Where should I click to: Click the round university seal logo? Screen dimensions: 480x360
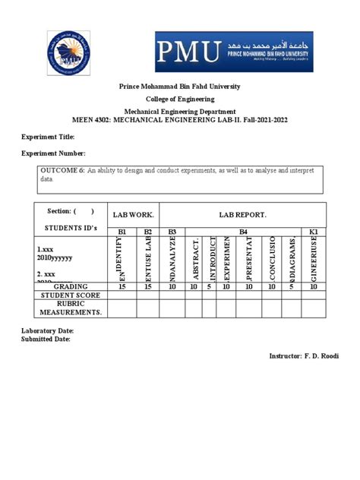pyautogui.click(x=68, y=53)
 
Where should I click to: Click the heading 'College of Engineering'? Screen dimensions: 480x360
pyautogui.click(x=180, y=99)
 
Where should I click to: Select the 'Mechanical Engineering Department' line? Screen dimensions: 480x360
pyautogui.click(x=180, y=110)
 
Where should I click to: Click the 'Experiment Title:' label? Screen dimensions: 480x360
pyautogui.click(x=47, y=137)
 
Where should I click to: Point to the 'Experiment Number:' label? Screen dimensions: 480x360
pyautogui.click(x=52, y=153)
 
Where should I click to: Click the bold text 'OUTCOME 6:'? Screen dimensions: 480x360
pyautogui.click(x=62, y=172)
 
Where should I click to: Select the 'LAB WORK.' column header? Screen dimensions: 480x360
pyautogui.click(x=134, y=215)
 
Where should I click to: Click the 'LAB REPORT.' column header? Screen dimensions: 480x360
pyautogui.click(x=242, y=215)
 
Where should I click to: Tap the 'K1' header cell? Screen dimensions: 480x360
pyautogui.click(x=314, y=231)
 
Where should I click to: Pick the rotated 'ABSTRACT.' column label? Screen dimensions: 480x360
pyautogui.click(x=195, y=259)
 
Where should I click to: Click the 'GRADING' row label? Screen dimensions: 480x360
pyautogui.click(x=70, y=286)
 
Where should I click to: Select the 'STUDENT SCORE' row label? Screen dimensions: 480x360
pyautogui.click(x=70, y=295)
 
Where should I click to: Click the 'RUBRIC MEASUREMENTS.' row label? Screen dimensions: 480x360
pyautogui.click(x=70, y=308)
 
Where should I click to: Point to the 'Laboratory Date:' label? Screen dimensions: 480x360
pyautogui.click(x=47, y=331)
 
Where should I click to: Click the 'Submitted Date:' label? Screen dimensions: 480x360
pyautogui.click(x=46, y=339)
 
